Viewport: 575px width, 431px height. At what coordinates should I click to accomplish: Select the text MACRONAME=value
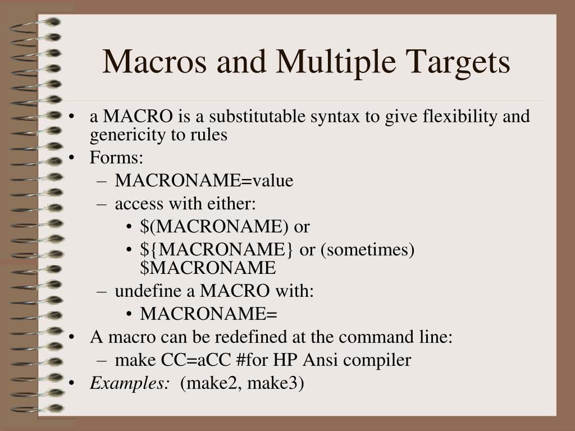click(x=204, y=181)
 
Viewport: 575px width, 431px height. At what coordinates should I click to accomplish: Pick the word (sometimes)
click(x=368, y=250)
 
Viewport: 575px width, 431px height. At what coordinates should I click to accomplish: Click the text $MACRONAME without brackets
click(x=208, y=268)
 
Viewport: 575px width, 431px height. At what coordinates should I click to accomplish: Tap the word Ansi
click(x=324, y=360)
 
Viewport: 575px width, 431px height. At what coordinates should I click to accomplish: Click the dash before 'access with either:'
click(x=101, y=204)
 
